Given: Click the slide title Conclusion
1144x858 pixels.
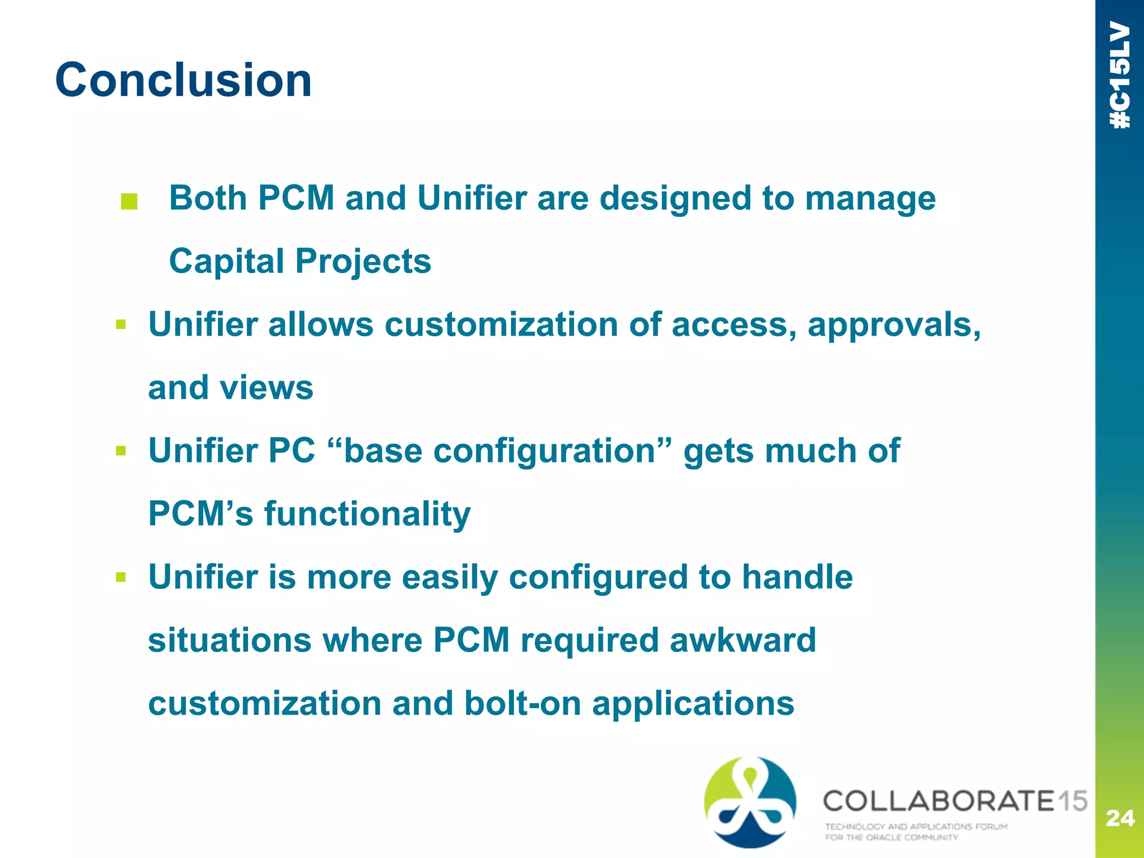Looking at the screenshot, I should (183, 80).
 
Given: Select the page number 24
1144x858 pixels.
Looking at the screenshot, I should (1119, 818).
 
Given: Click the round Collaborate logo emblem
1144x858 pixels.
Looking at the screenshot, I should (750, 802).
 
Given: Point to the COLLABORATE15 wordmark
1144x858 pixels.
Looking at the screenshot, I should (955, 800).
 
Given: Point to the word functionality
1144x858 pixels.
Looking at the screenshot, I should (367, 514).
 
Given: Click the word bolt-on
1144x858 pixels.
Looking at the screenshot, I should (523, 703).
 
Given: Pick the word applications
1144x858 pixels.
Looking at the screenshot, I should (693, 703).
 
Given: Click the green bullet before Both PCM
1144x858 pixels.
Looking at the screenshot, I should (129, 202).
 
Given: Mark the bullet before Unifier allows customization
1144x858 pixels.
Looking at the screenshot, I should (121, 325).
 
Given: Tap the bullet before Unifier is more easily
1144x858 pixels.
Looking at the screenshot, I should (121, 576).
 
